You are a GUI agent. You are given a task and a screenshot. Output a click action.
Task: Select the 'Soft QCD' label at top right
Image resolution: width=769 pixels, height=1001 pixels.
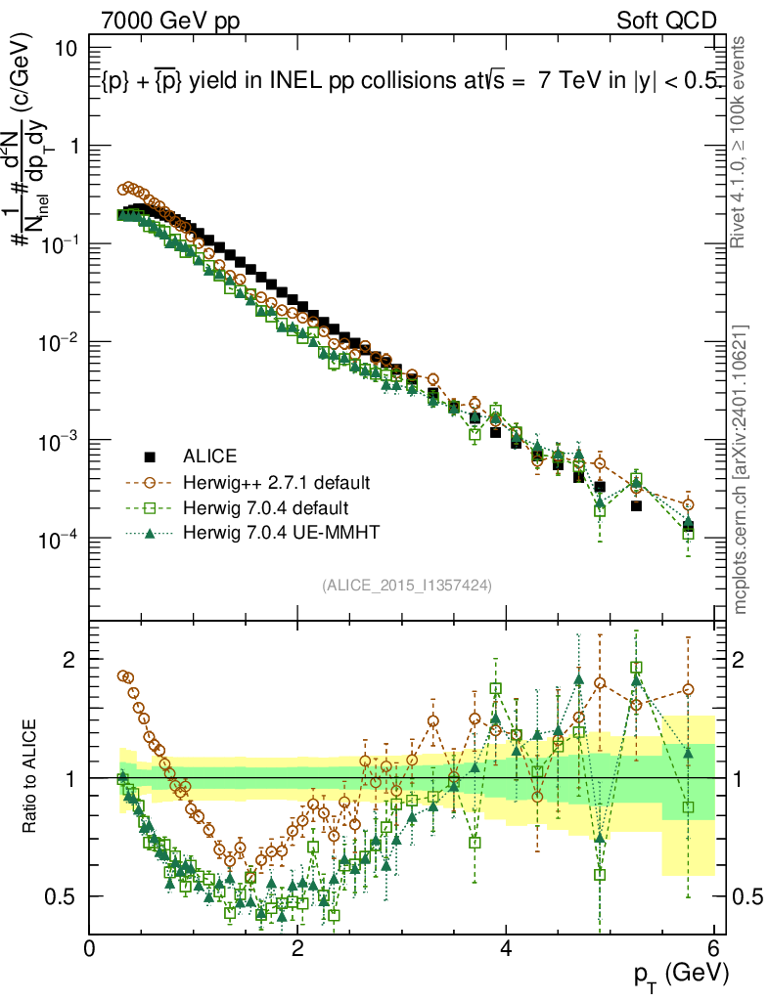(x=666, y=21)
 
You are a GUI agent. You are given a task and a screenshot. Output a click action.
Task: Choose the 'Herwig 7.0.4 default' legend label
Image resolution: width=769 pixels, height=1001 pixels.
(x=266, y=508)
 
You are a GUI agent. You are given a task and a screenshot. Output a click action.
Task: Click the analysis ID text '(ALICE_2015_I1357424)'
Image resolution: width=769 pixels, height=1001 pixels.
(x=406, y=585)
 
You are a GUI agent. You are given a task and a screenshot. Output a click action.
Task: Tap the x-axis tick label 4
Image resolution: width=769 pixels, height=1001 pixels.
(x=506, y=948)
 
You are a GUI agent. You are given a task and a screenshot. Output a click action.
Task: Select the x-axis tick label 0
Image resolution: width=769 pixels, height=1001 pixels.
(x=90, y=948)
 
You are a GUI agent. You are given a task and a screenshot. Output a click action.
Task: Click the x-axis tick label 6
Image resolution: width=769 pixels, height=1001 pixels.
(x=714, y=948)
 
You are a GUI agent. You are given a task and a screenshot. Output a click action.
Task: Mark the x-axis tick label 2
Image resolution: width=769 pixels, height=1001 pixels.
(x=297, y=948)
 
